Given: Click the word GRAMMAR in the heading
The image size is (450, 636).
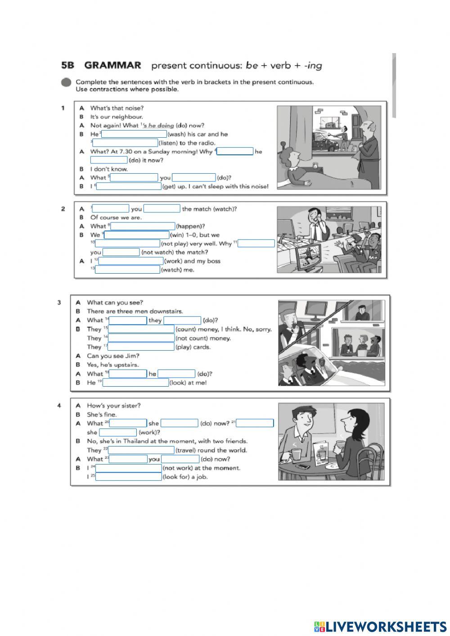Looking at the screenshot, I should click(x=112, y=65).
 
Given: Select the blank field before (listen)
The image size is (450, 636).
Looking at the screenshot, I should click(x=125, y=143).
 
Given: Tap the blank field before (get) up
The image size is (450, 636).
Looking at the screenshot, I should click(x=129, y=186).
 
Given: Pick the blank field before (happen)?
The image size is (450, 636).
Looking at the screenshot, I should click(x=143, y=226).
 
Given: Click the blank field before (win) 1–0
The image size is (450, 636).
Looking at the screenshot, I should click(x=137, y=235).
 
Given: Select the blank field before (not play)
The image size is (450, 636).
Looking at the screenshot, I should click(x=128, y=244).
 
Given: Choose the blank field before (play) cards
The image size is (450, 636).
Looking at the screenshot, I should click(x=141, y=347).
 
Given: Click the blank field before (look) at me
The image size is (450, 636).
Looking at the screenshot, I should click(x=136, y=383).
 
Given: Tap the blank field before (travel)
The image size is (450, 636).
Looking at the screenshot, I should click(x=141, y=450).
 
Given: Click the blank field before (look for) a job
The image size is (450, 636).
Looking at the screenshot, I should click(x=129, y=477).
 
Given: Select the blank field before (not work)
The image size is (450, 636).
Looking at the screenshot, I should click(x=129, y=468).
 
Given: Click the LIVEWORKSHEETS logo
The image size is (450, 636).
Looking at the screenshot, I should click(x=380, y=627).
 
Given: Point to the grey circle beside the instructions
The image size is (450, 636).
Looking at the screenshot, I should click(x=67, y=83).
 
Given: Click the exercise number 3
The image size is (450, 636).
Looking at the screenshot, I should click(x=59, y=302).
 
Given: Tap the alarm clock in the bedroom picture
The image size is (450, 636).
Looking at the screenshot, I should click(x=315, y=167).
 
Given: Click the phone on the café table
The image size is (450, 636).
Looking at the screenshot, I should click(x=302, y=467).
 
